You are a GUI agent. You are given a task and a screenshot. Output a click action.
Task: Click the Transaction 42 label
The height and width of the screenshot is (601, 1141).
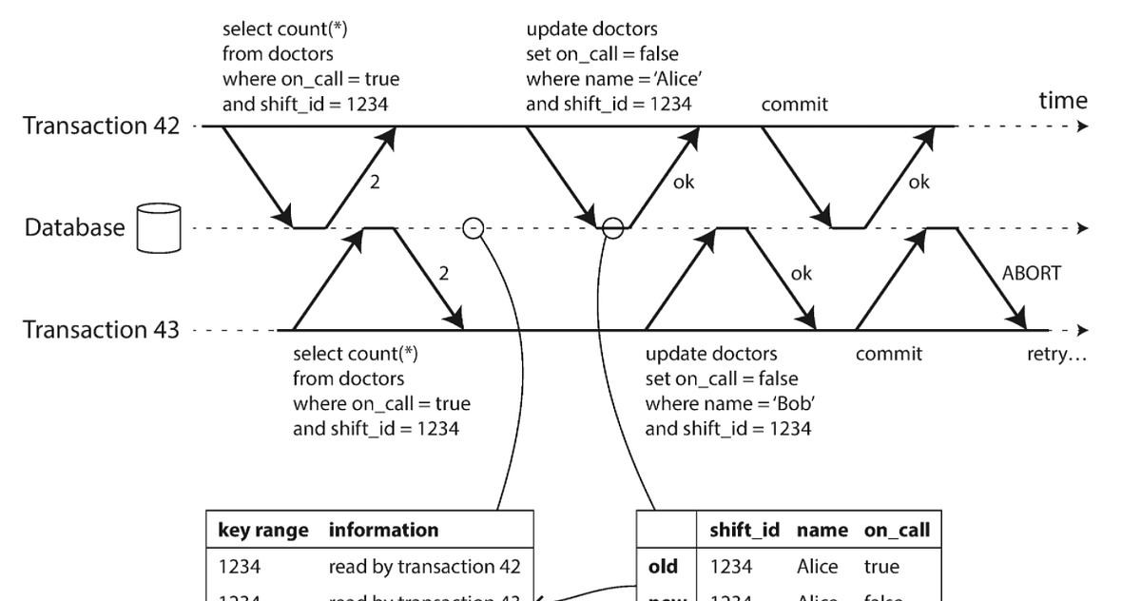pyautogui.click(x=101, y=126)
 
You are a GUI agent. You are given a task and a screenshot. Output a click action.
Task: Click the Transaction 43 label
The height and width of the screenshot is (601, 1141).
pyautogui.click(x=101, y=330)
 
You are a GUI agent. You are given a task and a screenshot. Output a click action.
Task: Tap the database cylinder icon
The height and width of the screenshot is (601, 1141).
pyautogui.click(x=159, y=227)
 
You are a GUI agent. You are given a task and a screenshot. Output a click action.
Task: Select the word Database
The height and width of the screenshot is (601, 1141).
pyautogui.click(x=74, y=227)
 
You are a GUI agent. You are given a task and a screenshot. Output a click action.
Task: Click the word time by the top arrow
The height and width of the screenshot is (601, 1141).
pyautogui.click(x=1063, y=101)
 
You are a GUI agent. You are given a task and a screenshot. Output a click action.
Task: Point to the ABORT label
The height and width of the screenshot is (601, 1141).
pyautogui.click(x=1032, y=274)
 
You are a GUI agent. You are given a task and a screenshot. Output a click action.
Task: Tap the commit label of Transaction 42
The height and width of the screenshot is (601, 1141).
pyautogui.click(x=794, y=105)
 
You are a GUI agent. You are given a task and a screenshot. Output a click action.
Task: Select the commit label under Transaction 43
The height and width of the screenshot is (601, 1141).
pyautogui.click(x=888, y=354)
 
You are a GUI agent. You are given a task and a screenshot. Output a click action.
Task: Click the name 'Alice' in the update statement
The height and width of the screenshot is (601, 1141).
pyautogui.click(x=658, y=79)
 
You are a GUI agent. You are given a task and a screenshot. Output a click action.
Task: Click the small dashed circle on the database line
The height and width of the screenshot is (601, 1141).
pyautogui.click(x=473, y=228)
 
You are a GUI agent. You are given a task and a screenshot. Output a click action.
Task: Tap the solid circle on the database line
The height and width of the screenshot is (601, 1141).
pyautogui.click(x=613, y=228)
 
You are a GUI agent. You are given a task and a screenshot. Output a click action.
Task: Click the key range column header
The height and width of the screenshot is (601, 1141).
pyautogui.click(x=263, y=531)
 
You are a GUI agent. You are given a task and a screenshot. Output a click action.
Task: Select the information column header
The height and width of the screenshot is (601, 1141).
pyautogui.click(x=384, y=531)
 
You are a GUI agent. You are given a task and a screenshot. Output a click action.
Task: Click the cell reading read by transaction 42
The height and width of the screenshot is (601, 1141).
pyautogui.click(x=424, y=567)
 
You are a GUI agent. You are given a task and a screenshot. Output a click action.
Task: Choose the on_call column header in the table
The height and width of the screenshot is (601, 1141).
pyautogui.click(x=896, y=531)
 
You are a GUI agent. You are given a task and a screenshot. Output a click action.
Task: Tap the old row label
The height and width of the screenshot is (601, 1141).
pyautogui.click(x=663, y=567)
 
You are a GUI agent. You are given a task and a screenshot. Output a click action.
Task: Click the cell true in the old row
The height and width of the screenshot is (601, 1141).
pyautogui.click(x=881, y=567)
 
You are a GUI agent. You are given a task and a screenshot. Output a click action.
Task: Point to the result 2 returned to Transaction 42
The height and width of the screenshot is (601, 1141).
pyautogui.click(x=375, y=183)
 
